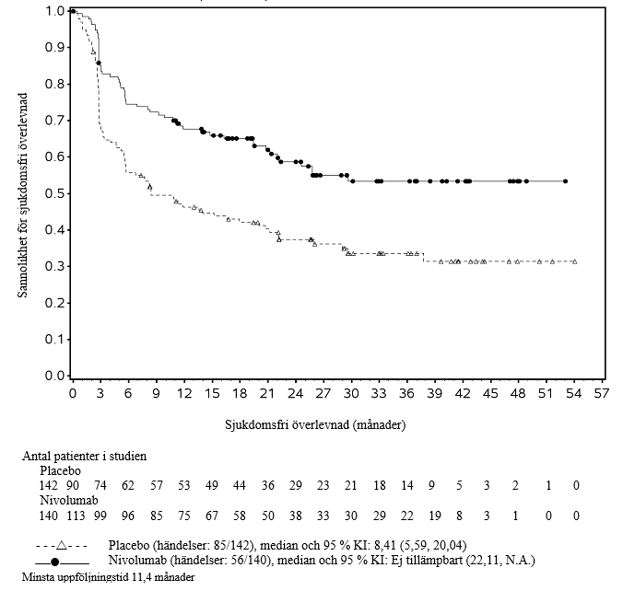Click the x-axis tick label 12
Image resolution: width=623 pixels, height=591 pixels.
pos(184,394)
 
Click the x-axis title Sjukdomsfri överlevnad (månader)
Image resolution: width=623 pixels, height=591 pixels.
pos(313,426)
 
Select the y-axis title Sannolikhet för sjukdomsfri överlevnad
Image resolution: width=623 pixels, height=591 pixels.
pos(21,193)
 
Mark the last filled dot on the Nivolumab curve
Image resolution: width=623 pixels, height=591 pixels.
pos(565,181)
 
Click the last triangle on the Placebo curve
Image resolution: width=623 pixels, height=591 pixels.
pos(574,262)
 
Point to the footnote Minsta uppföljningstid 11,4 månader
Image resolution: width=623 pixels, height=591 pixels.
pos(98,576)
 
